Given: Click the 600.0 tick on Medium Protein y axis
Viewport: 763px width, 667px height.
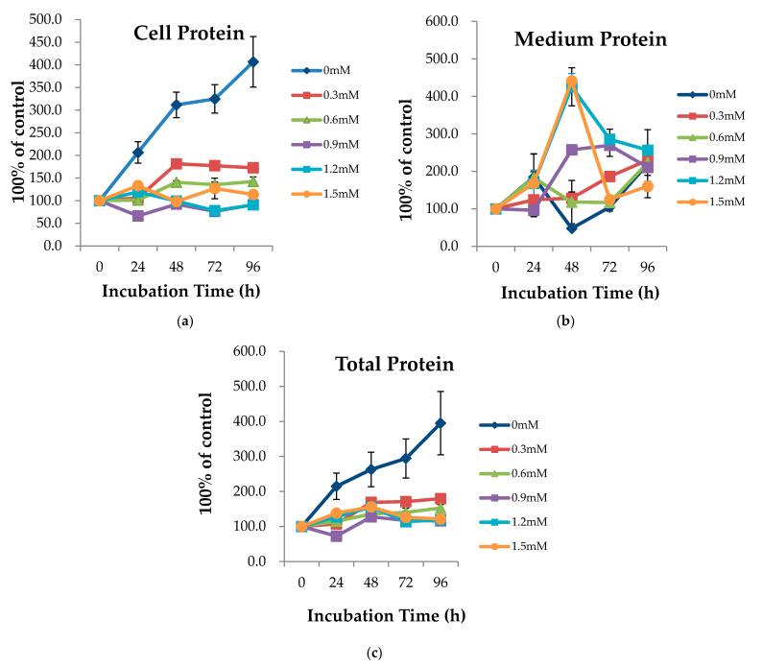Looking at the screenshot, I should coord(449,21).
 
